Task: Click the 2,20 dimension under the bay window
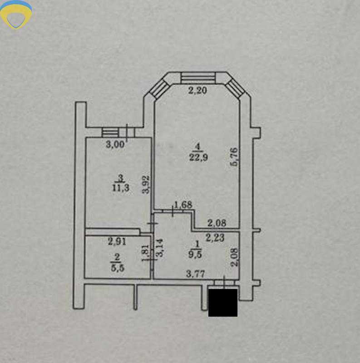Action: (197, 90)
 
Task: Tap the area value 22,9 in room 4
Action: (198, 157)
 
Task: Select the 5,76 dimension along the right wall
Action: (234, 157)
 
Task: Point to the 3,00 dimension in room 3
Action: (115, 144)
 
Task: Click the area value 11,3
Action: (120, 188)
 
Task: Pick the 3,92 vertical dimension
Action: (146, 184)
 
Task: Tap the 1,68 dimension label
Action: (183, 205)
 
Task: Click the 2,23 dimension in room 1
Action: (215, 237)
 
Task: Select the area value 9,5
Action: (195, 254)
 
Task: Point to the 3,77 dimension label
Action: (196, 274)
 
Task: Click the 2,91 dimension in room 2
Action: (117, 241)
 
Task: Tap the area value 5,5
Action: (118, 268)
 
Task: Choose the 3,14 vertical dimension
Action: (160, 248)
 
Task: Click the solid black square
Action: (223, 303)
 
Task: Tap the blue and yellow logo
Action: (16, 15)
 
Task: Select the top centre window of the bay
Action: (198, 78)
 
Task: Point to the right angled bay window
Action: (235, 89)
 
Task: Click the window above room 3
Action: (110, 132)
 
